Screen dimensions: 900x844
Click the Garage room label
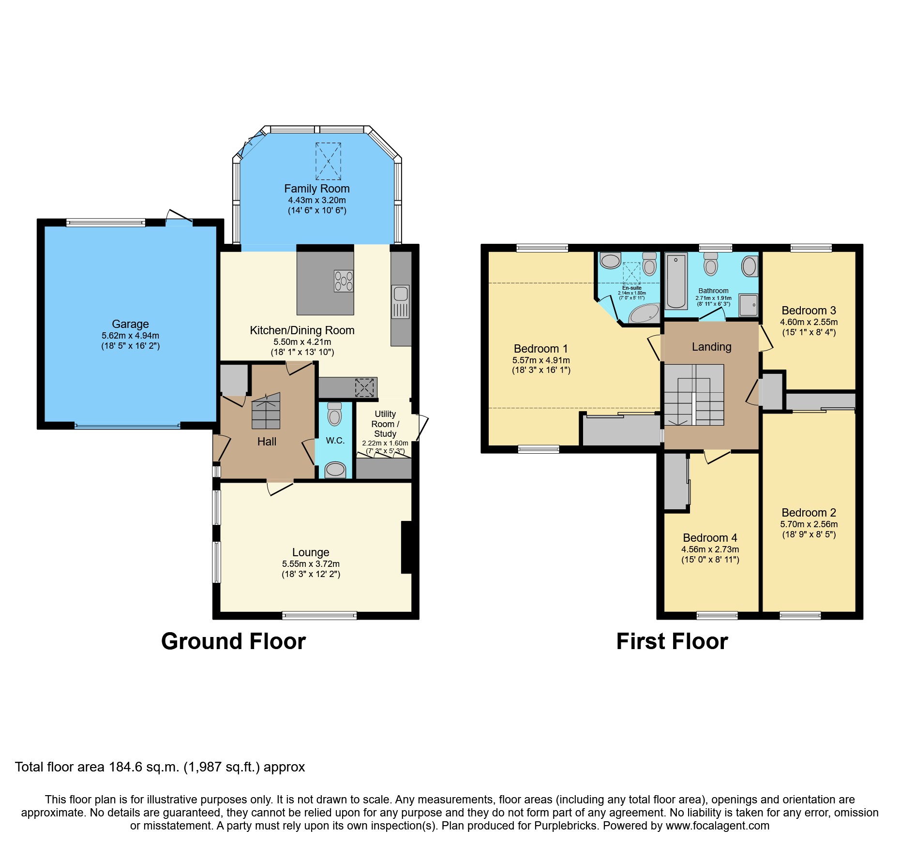point(130,324)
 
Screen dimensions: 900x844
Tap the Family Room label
point(317,189)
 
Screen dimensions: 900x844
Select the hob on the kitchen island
point(344,281)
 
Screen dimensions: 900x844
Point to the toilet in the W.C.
point(334,414)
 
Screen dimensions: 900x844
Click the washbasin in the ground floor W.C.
point(335,470)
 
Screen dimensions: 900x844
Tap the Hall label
point(267,442)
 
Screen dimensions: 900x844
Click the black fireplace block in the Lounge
point(407,547)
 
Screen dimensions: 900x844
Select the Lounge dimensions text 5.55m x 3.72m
point(311,564)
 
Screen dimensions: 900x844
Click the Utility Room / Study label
point(385,424)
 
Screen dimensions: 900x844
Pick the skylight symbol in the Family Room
point(328,161)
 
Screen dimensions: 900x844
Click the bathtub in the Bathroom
point(676,281)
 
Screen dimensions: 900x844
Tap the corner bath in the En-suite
point(644,313)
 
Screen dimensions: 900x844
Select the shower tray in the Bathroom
point(748,305)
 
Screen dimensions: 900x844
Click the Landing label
point(711,347)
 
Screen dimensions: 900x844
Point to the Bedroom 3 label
point(809,311)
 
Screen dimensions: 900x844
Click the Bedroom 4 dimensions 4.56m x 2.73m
point(710,549)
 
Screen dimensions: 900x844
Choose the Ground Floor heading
point(234,641)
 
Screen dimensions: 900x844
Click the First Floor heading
point(672,641)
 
